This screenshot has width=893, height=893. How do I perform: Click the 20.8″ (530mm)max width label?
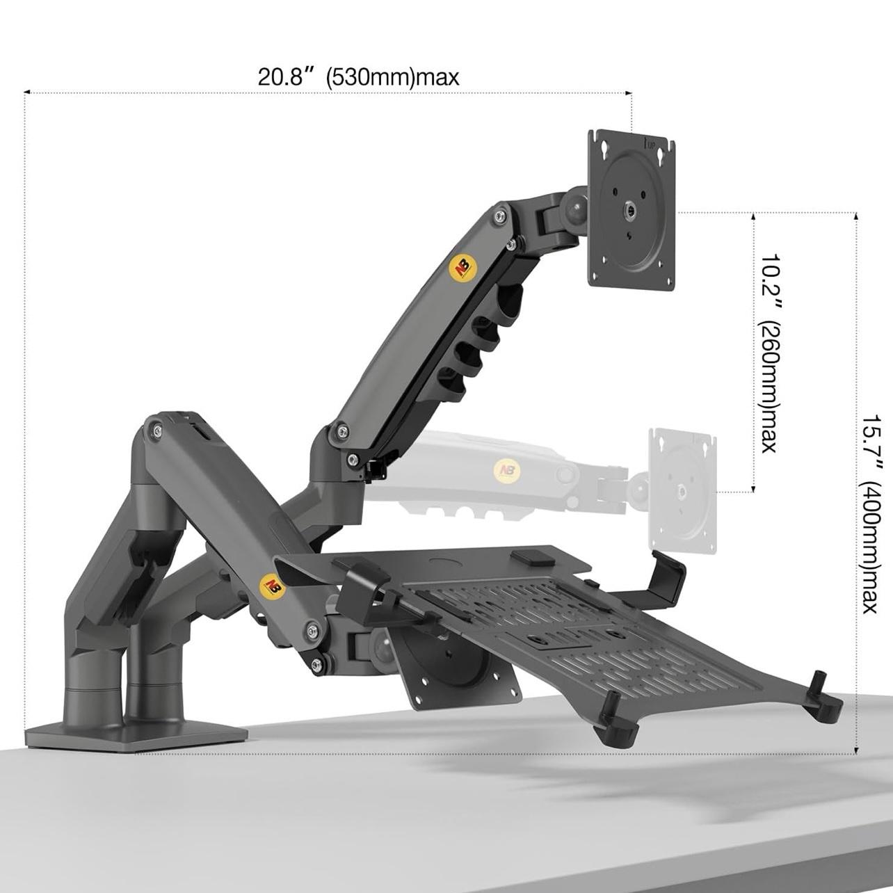358,77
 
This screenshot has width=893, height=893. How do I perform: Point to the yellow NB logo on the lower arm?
269,584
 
